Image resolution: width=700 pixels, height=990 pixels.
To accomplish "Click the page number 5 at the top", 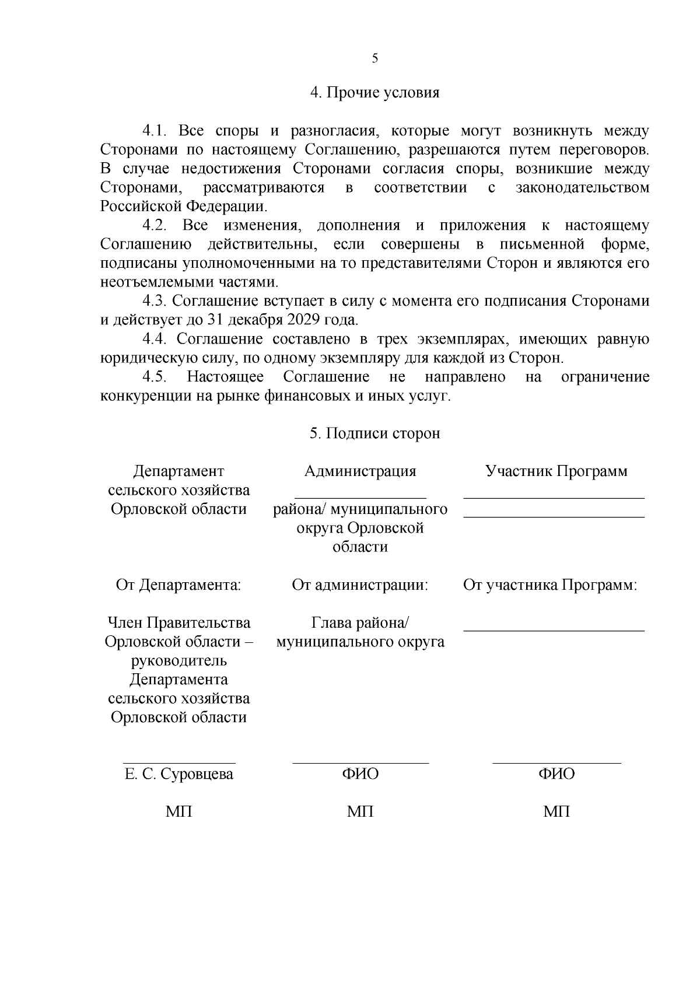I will click(x=374, y=58).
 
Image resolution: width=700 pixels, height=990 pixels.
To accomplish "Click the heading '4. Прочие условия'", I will click(x=374, y=93).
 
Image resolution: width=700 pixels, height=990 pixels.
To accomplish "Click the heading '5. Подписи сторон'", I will click(x=374, y=433).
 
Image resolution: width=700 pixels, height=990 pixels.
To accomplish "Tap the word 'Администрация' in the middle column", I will click(x=360, y=471).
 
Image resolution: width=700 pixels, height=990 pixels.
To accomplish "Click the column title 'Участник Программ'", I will click(x=556, y=471).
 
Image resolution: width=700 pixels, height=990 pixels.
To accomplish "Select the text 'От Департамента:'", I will click(x=178, y=585).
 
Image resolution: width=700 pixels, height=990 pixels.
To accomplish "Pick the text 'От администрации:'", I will click(x=360, y=585).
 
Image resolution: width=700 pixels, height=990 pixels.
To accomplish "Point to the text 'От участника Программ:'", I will click(x=549, y=585).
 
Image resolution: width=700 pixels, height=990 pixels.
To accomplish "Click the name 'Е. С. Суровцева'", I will click(x=178, y=774).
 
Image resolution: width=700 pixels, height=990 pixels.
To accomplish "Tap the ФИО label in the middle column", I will click(x=360, y=774).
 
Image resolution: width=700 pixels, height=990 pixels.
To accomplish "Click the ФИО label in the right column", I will click(x=556, y=774).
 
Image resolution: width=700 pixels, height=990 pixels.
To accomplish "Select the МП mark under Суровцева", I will click(x=178, y=811).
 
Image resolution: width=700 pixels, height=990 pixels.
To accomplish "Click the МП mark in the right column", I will click(x=556, y=811).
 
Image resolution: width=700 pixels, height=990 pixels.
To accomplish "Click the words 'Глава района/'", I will click(x=360, y=623).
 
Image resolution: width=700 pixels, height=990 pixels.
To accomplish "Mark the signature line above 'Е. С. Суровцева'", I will click(x=178, y=762).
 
